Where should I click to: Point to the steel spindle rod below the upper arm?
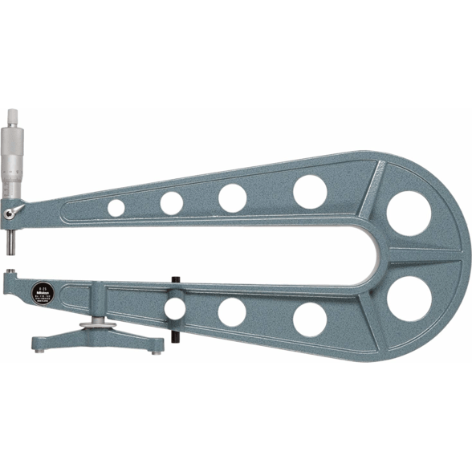pos(13,239)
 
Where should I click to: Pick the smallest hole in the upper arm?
pos(116,208)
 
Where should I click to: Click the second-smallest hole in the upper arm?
pos(171,203)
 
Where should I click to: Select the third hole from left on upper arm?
pos(232,197)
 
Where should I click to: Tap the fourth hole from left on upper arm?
pos(309,191)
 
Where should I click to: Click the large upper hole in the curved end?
pos(409,214)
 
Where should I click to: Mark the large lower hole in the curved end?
pos(409,298)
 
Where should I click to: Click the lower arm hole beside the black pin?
pos(175,307)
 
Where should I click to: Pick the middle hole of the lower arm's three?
pos(232,312)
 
